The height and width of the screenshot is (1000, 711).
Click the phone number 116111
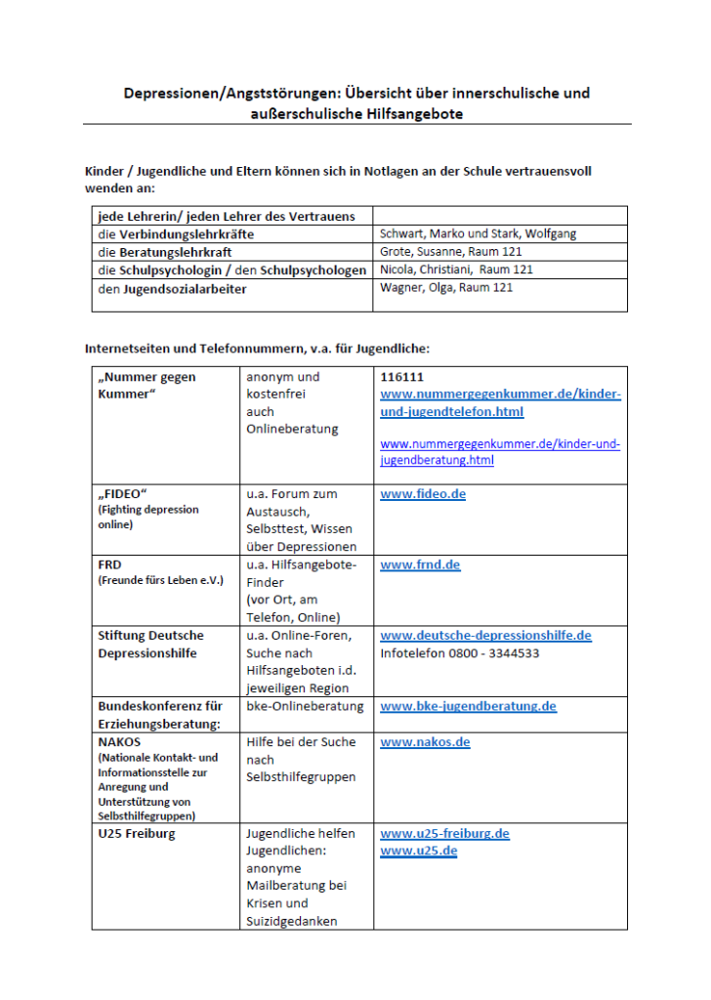398,376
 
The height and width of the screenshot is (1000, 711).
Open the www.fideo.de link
423,494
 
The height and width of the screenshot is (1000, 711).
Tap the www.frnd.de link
420,564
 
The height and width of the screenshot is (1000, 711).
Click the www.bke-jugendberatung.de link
468,706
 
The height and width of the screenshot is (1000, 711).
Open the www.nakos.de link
425,742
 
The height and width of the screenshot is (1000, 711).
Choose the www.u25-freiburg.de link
444,834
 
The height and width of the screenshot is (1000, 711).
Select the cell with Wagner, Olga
445,287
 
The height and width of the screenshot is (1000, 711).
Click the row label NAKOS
119,742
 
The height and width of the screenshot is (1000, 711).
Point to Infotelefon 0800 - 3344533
459,653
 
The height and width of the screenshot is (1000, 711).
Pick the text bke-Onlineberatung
305,706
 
